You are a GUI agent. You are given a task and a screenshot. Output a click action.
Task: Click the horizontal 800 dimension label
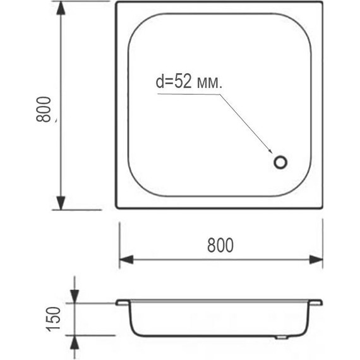220,245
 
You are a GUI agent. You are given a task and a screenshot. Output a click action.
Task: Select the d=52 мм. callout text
189,81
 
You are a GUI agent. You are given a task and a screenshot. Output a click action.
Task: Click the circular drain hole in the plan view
280,162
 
